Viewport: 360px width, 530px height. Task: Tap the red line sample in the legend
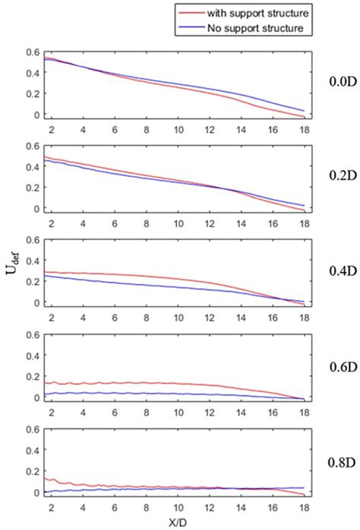point(191,13)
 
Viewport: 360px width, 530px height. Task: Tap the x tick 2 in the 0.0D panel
point(51,128)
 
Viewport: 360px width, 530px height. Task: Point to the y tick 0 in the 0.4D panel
point(36,303)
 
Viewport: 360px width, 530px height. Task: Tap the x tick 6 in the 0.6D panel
point(115,412)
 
